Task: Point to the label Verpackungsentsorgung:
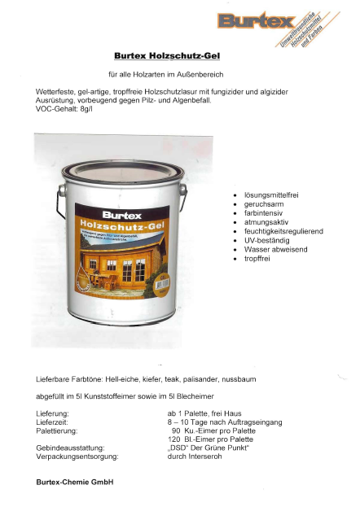point(77,457)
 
